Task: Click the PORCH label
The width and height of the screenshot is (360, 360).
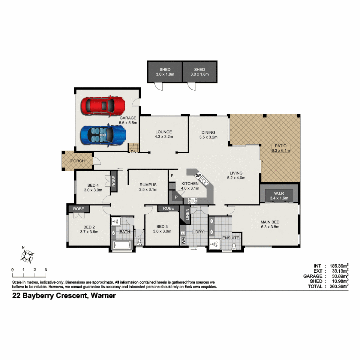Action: coord(77,161)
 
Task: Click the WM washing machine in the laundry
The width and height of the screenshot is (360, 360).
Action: coord(183,240)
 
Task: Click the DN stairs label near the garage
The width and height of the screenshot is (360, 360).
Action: coord(133,152)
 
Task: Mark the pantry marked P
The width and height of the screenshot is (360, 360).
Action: coord(176,198)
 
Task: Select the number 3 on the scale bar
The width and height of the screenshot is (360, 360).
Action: coord(46,270)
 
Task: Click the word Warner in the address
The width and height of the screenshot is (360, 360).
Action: coord(103,295)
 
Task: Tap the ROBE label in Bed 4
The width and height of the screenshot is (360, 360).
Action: coord(114,181)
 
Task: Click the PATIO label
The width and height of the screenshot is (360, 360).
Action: coord(281,146)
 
